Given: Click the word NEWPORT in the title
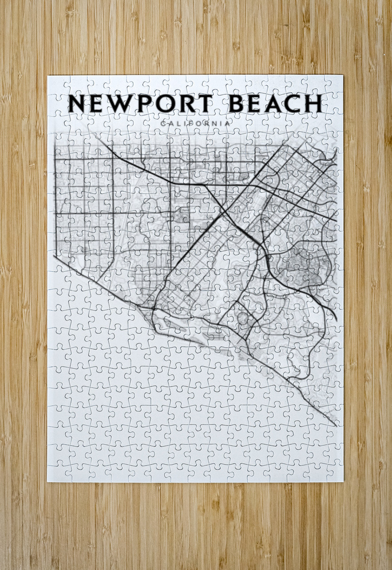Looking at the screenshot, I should click(x=140, y=104).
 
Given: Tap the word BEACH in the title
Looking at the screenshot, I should click(x=275, y=104).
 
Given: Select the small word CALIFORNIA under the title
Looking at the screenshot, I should click(x=196, y=124).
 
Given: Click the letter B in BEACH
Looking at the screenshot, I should click(x=236, y=104).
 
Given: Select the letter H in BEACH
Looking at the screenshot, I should click(x=313, y=104).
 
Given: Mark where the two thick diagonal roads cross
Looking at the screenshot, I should click(x=223, y=212).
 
